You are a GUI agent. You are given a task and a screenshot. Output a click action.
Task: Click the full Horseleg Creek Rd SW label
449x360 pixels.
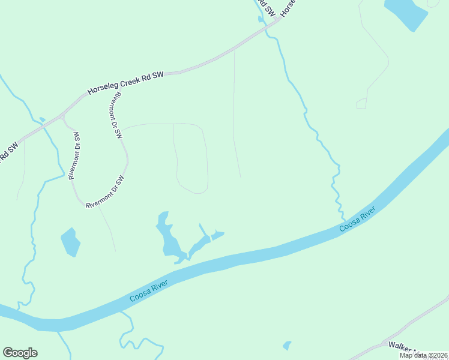coord(125,83)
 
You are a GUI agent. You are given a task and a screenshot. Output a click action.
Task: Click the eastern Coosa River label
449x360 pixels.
coord(357,219)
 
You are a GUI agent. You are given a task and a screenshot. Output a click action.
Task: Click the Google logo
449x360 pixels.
coord(20,353)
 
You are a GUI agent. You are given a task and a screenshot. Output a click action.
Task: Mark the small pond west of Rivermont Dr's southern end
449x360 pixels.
coord(70,242)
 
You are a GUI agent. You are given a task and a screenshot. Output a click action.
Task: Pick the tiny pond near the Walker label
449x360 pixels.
coord(287,346)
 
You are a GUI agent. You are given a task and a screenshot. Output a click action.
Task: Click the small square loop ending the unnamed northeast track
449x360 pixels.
coord(361,104)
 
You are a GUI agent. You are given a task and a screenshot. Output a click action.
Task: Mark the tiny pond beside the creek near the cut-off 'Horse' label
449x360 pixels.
coord(261,19)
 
